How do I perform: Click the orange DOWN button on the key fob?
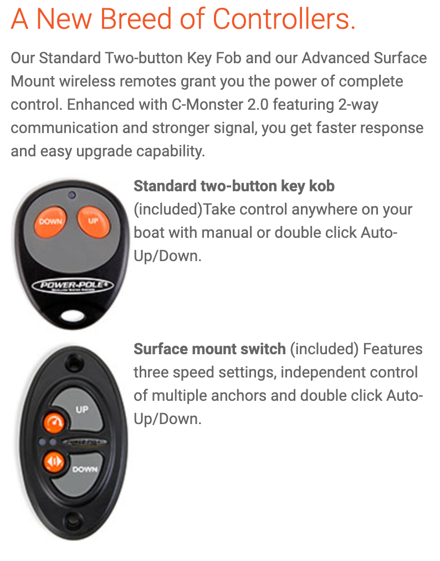(50, 222)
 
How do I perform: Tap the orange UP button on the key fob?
(93, 221)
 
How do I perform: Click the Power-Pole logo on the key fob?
(73, 286)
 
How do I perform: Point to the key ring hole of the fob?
(73, 316)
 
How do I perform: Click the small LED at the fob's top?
(72, 195)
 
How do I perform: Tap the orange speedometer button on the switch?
(54, 422)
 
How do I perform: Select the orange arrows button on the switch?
(54, 462)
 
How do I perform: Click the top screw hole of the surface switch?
(74, 363)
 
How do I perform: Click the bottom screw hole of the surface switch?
(73, 519)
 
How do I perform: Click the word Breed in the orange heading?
(136, 19)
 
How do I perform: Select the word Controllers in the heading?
(284, 19)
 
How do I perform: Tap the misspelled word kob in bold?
(321, 186)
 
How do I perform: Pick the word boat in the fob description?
(149, 233)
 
